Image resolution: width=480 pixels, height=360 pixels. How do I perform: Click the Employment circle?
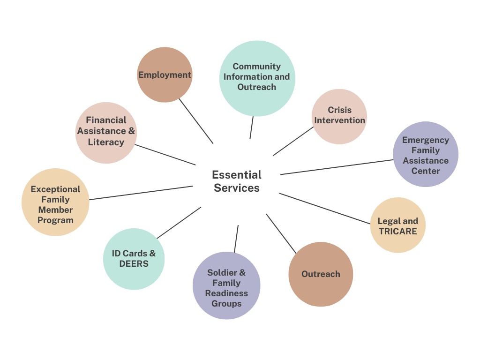(x=165, y=75)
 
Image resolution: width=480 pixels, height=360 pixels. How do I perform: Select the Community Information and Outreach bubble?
(x=257, y=78)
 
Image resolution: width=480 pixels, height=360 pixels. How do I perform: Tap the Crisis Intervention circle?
(x=339, y=116)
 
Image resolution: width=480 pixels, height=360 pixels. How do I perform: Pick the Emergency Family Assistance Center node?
(x=426, y=154)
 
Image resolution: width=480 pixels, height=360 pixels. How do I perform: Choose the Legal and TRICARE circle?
(x=398, y=225)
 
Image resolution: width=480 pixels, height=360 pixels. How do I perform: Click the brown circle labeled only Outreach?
(x=321, y=274)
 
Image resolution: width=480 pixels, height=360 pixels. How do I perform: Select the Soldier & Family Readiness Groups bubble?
(x=226, y=285)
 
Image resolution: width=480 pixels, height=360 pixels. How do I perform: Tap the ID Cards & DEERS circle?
(x=134, y=259)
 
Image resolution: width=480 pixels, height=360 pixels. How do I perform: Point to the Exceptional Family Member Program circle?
(x=55, y=202)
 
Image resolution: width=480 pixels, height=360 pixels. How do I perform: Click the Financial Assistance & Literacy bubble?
(x=106, y=133)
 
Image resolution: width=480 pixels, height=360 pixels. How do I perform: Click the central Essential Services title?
(x=237, y=181)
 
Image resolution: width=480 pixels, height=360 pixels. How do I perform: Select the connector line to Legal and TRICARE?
(x=325, y=209)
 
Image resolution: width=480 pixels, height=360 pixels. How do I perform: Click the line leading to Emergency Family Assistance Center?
(x=337, y=167)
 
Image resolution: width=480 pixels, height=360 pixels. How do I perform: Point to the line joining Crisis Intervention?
(x=293, y=141)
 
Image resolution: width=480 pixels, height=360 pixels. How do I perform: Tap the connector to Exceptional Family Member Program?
(x=141, y=193)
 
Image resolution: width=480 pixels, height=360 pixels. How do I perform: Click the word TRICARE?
(x=398, y=231)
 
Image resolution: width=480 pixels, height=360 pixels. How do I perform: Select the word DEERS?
(x=134, y=264)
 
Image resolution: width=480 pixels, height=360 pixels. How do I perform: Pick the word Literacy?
(x=106, y=142)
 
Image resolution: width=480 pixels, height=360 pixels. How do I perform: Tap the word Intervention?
(x=339, y=120)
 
